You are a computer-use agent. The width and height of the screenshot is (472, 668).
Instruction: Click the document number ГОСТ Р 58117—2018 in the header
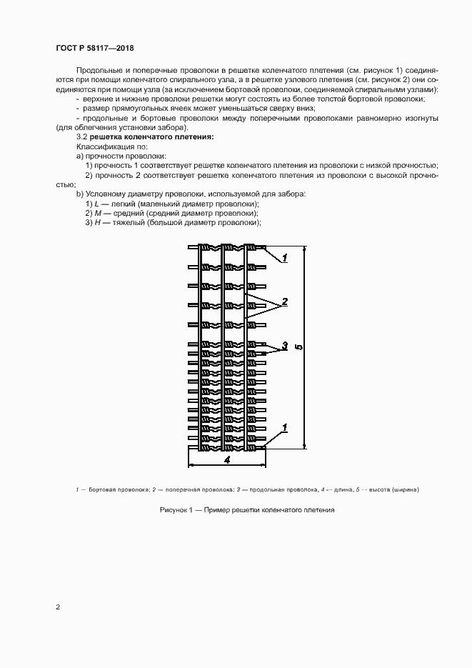[x=94, y=48]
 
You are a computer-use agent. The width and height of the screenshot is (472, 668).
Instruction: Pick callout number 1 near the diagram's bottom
[x=284, y=427]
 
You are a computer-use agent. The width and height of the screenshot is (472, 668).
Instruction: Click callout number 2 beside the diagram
[x=284, y=301]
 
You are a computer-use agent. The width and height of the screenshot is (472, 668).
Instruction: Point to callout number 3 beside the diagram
[x=284, y=346]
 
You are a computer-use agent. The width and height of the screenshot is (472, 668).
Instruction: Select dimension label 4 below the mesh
[x=226, y=461]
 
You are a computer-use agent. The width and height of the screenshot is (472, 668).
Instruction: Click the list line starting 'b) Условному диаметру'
[x=190, y=194]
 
